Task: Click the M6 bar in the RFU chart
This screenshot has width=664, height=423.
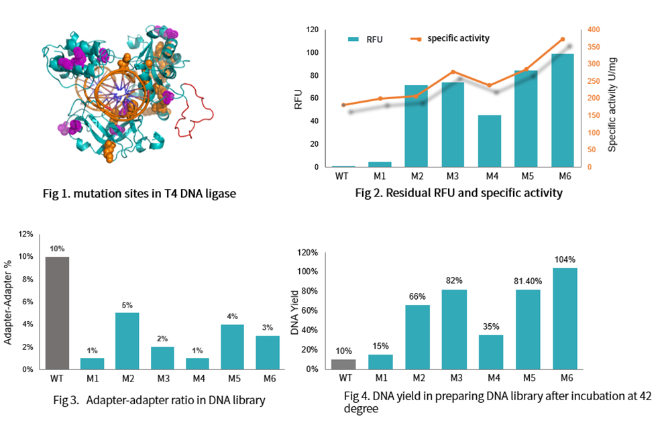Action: [x=562, y=111]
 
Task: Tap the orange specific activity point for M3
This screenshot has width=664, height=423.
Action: [x=453, y=72]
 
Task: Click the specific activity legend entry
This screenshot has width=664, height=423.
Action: [x=450, y=38]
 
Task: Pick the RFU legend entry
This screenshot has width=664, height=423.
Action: [x=366, y=40]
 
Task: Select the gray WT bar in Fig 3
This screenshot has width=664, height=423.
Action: [x=56, y=313]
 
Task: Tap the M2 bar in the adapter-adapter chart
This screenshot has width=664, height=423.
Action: [x=127, y=341]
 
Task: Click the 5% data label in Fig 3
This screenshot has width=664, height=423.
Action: [x=127, y=304]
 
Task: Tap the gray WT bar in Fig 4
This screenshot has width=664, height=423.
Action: [x=343, y=364]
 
